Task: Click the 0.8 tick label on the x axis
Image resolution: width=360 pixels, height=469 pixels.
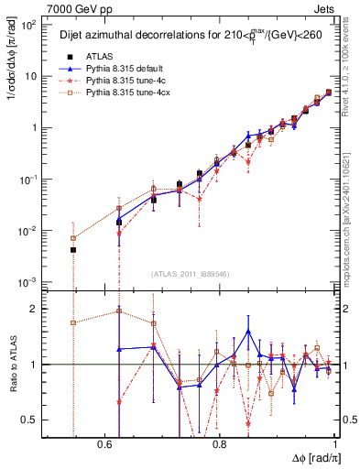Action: tap(220, 442)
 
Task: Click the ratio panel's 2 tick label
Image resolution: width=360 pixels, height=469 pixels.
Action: tap(35, 309)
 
